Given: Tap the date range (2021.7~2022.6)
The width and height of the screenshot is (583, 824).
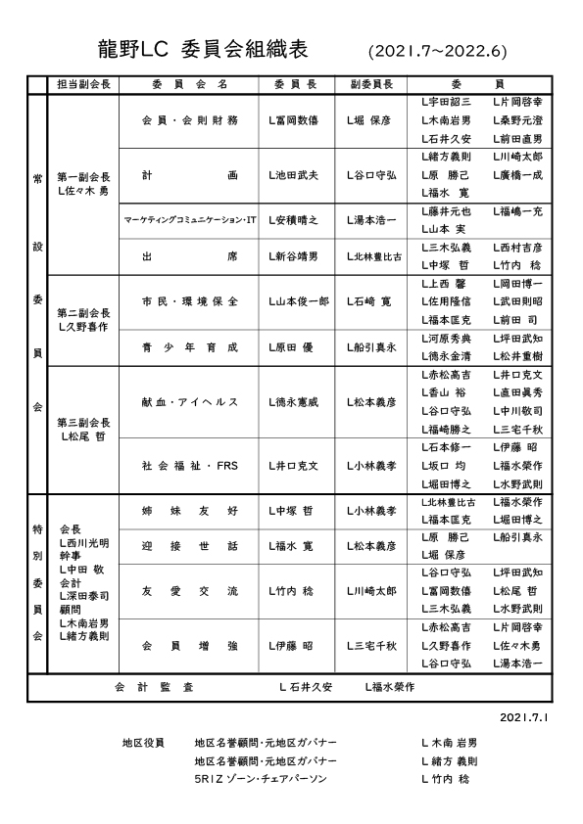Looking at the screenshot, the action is click(x=438, y=49).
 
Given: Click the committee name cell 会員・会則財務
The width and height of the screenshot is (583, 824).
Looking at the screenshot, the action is click(x=190, y=120).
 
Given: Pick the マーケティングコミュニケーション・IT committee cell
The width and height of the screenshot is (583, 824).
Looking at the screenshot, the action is click(x=190, y=220).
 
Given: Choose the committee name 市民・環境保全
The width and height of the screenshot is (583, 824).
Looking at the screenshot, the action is click(x=190, y=301).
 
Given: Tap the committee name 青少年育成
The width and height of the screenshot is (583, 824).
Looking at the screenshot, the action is click(x=190, y=346).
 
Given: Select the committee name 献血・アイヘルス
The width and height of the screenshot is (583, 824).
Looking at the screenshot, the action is click(x=190, y=401).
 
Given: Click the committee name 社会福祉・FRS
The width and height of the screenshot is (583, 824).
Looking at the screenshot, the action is click(x=190, y=466).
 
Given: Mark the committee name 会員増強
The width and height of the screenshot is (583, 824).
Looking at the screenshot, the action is click(x=190, y=646).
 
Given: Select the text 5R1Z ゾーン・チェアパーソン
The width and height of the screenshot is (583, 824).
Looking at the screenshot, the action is click(x=260, y=779).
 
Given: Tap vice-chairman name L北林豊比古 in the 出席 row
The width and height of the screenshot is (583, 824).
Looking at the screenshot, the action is click(x=374, y=256).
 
